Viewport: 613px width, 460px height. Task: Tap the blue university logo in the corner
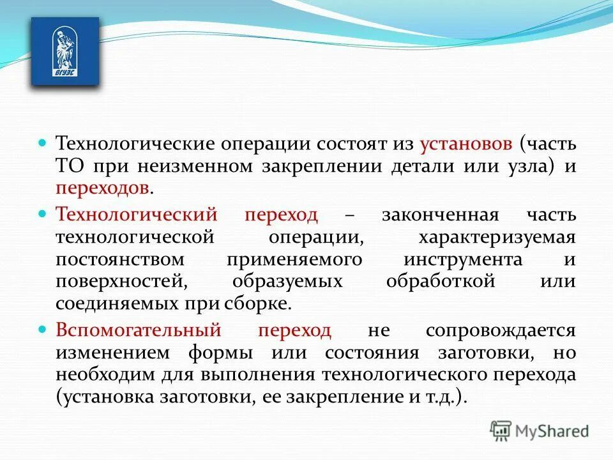65,51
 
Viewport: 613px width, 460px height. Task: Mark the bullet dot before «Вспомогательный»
43,330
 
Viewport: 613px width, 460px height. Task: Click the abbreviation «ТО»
70,167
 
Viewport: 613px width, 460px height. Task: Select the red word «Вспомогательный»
139,331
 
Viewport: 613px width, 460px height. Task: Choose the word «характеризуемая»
497,238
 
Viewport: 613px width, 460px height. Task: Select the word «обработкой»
441,282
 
